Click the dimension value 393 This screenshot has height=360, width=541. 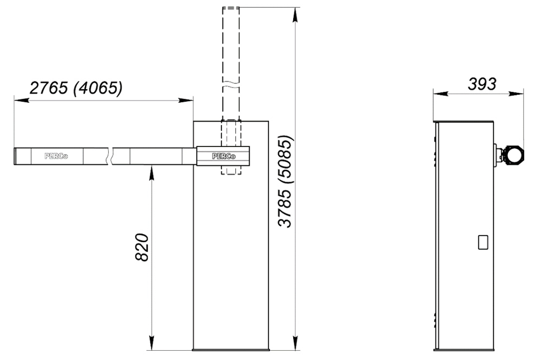click(x=482, y=84)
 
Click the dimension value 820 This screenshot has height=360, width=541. click(x=142, y=247)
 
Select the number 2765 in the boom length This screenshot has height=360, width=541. click(x=49, y=88)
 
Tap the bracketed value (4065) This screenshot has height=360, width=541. click(x=98, y=88)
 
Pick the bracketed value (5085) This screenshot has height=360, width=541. click(x=286, y=159)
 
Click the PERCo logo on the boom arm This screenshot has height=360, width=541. click(x=56, y=156)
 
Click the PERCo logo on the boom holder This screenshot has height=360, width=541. click(x=224, y=156)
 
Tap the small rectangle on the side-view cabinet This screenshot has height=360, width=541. click(x=483, y=242)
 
